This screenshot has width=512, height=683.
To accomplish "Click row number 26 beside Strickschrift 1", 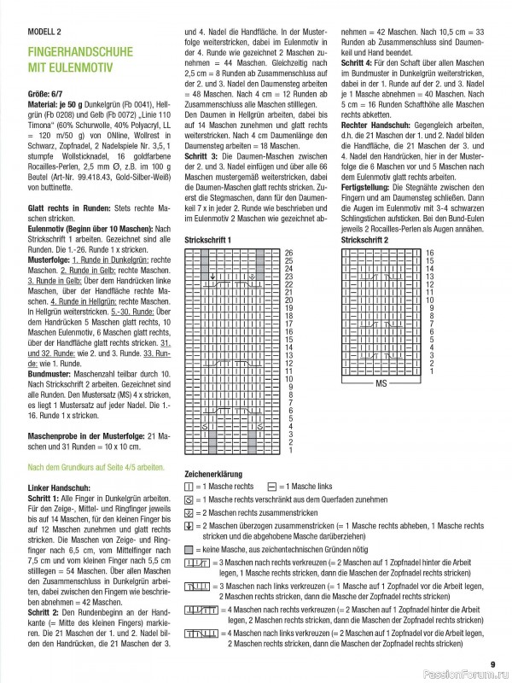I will click(288, 253).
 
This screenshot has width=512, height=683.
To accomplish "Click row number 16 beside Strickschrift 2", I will click(430, 253).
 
